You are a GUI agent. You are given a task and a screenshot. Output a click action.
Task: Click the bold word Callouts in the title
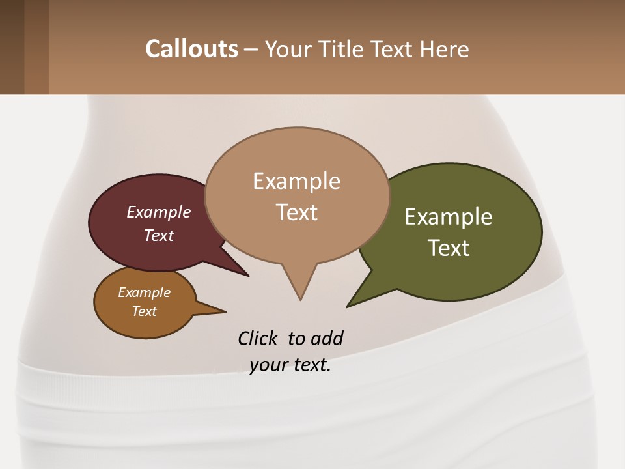191,49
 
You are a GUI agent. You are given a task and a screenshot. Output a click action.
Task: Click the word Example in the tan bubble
296,181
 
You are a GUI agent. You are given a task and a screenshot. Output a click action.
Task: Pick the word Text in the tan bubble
296,212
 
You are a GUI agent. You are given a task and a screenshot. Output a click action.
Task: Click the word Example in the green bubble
449,217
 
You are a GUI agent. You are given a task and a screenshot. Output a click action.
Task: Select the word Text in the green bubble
449,248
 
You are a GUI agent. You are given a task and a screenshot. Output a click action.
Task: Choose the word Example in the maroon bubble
158,212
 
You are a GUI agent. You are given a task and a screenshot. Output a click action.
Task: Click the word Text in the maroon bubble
158,235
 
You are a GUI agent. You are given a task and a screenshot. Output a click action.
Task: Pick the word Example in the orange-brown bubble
144,292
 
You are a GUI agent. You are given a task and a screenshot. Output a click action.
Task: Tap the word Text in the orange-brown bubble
144,311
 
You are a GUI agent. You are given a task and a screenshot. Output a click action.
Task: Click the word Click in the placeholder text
258,338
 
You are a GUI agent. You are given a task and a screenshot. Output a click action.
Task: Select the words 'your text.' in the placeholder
290,365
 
